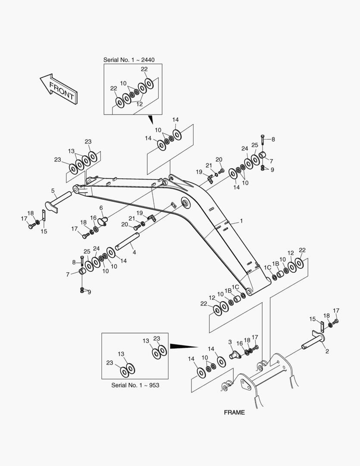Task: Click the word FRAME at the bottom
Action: [x=234, y=412]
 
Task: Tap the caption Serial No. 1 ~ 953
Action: [x=135, y=385]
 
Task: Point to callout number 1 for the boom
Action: [x=241, y=221]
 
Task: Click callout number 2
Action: [x=327, y=351]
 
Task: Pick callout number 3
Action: [x=230, y=342]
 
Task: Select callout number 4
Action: [x=134, y=252]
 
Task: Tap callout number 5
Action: [x=53, y=190]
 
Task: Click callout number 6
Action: [x=101, y=208]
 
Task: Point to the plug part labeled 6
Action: [x=103, y=221]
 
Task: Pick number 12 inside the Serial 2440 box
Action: [x=139, y=104]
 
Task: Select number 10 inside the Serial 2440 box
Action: [x=123, y=83]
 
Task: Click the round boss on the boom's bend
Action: [x=186, y=203]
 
